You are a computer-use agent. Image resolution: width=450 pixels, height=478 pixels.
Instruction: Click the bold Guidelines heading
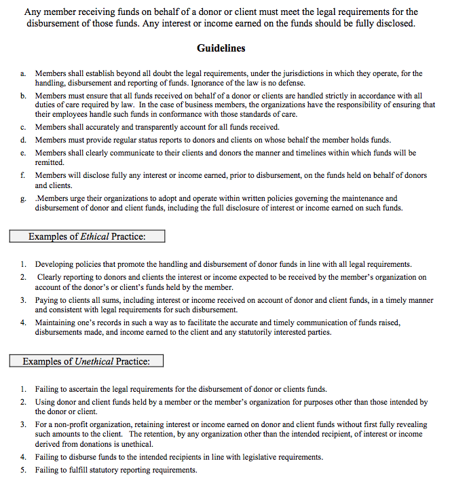coord(221,48)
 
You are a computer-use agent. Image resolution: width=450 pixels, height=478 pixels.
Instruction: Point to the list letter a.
coord(23,73)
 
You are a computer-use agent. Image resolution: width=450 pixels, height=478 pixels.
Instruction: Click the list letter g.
coord(23,199)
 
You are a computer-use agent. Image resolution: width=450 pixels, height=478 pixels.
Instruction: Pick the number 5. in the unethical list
coord(23,470)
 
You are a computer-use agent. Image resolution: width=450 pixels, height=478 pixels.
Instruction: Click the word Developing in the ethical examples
coord(56,264)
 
